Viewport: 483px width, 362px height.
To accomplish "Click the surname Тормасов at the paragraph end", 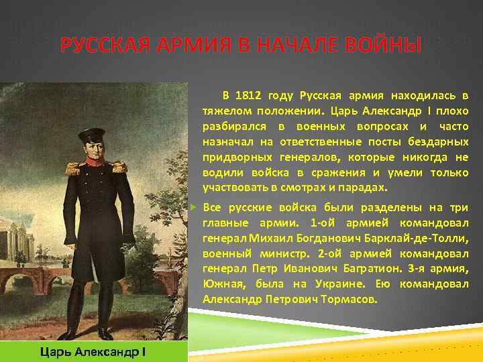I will (350, 300).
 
